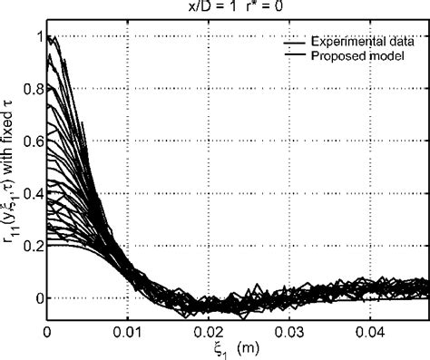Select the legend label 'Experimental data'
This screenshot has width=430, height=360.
363,42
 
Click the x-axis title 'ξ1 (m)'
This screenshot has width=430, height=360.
235,349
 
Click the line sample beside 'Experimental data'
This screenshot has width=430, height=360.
292,43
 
